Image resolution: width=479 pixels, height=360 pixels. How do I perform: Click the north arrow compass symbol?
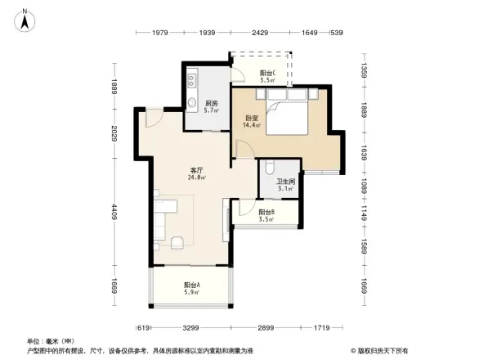click(25, 19)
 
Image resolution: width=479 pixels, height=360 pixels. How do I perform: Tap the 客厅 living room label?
click(196, 169)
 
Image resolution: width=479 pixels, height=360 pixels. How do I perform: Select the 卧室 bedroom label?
click(252, 118)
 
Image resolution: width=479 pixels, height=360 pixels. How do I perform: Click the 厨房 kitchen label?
click(212, 102)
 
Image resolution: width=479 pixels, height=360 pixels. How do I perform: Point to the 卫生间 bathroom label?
click(284, 182)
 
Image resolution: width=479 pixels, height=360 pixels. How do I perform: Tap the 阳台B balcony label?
click(266, 212)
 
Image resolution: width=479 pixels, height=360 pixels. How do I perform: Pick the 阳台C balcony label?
click(267, 73)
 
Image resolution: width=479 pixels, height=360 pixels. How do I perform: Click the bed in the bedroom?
click(286, 116)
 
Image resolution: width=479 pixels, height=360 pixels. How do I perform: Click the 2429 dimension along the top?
click(260, 33)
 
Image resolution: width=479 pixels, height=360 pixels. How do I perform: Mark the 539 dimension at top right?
click(334, 33)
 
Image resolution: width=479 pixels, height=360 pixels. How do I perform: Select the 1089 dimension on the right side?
click(365, 187)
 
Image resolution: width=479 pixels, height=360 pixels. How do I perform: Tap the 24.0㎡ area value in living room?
click(196, 178)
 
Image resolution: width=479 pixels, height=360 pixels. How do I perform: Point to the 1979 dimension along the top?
click(159, 33)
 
